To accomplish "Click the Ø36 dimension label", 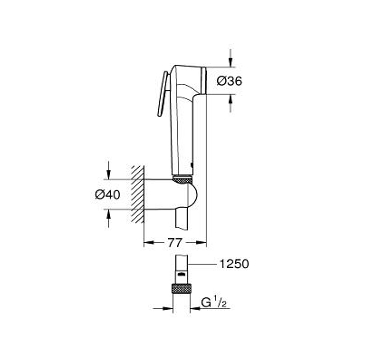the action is point(229,81).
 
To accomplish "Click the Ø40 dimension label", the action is point(107,194).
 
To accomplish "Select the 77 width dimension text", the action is point(175,243).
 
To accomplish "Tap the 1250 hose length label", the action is point(234,264).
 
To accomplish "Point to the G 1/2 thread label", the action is point(216,303).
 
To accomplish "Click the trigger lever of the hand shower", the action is point(162,94).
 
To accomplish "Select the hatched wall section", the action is point(138,194).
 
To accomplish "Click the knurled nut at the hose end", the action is point(181,288).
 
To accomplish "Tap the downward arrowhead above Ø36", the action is point(231,62).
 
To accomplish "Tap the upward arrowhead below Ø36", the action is point(231,99).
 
